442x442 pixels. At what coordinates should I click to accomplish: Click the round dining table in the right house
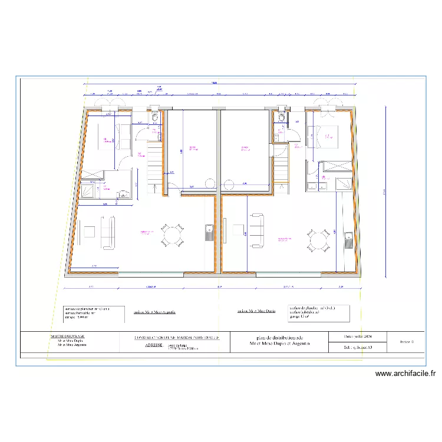click(318, 240)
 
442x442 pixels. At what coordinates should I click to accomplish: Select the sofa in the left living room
click(108, 232)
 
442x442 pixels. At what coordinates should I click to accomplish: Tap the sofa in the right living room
click(258, 232)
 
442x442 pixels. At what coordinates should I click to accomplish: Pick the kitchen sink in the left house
click(209, 232)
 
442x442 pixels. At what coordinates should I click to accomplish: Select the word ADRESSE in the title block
click(154, 347)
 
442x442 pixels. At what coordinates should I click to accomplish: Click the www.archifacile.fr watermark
click(405, 373)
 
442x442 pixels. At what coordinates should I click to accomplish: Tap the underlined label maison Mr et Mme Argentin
click(154, 313)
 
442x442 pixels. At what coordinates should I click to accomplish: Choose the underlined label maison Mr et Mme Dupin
click(256, 311)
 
